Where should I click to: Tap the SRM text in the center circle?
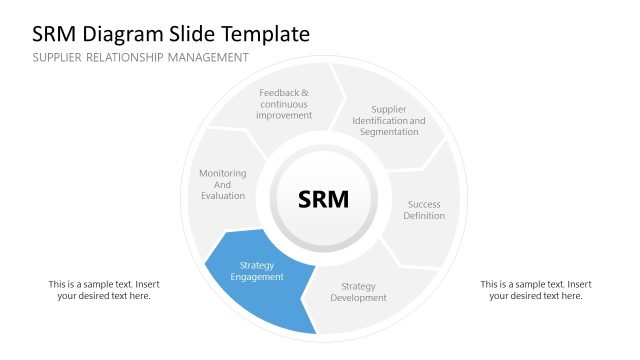324,199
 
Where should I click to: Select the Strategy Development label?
358,292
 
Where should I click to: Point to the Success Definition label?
424,210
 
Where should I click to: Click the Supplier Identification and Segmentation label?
389,121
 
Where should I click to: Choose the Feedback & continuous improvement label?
284,104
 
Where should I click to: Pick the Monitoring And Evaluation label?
222,184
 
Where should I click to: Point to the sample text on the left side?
104,290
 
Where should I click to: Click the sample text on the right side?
536,290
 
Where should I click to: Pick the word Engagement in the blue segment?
257,277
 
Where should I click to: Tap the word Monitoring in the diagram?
222,173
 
